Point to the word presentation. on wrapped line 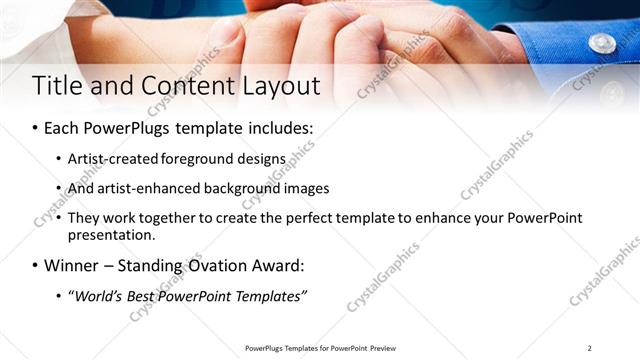112,236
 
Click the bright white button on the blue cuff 602,43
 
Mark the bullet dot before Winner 36,267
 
